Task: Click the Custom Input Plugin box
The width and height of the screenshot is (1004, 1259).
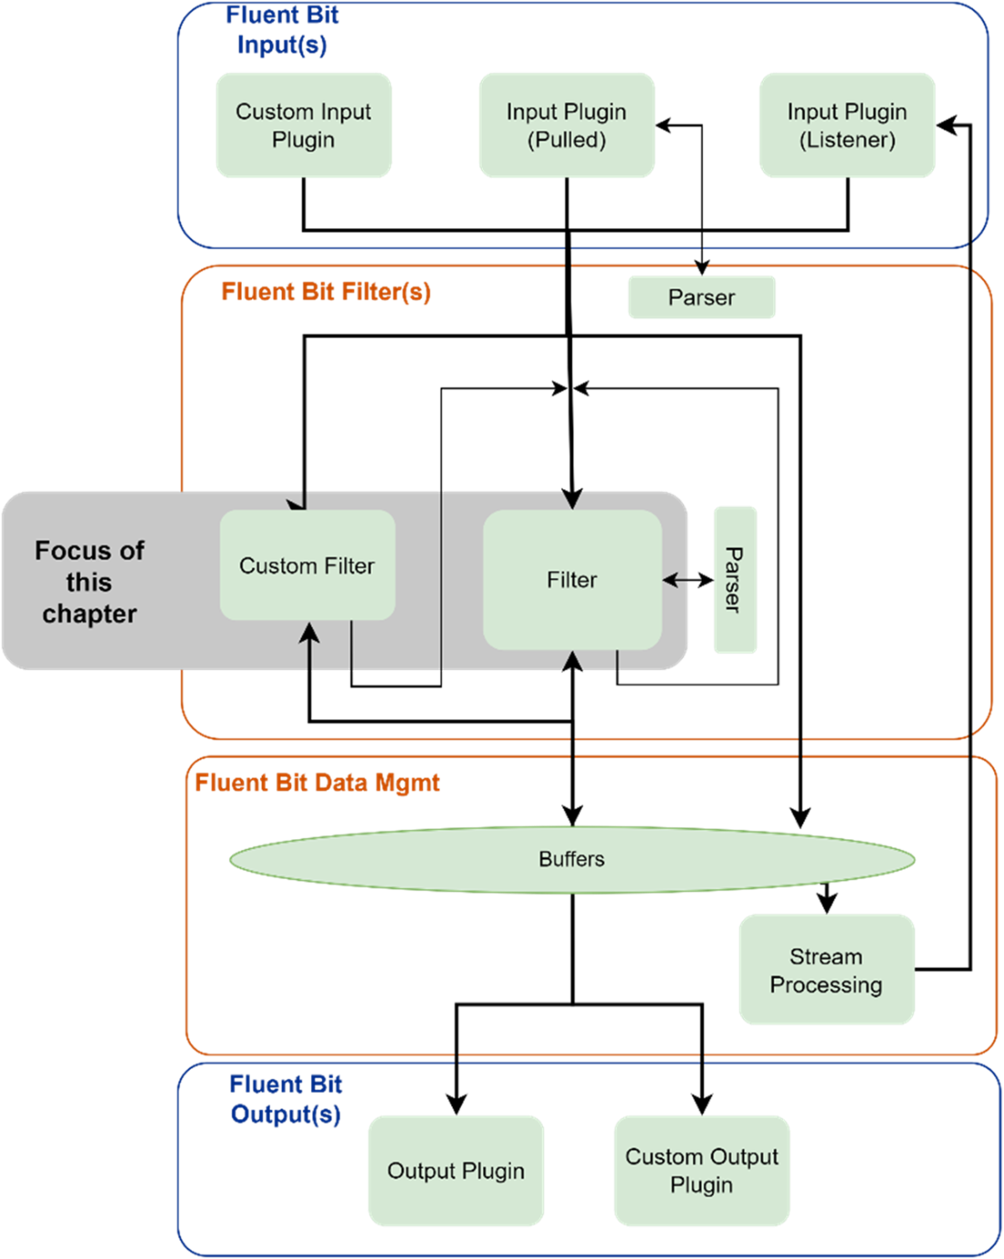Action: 304,125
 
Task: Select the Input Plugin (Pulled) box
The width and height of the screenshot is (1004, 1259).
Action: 567,125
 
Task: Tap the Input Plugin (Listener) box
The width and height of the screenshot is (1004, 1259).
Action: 847,125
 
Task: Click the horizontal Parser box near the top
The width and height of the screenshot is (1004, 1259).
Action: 701,298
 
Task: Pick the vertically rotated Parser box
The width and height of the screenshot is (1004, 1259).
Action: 735,580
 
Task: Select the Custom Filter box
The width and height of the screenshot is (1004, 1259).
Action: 308,566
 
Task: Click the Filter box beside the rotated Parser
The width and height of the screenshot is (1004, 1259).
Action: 572,580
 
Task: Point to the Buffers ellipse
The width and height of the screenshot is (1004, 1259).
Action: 572,859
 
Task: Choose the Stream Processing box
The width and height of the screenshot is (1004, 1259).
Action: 826,970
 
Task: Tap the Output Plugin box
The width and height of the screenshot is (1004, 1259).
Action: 455,1170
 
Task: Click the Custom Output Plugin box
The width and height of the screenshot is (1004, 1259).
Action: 702,1170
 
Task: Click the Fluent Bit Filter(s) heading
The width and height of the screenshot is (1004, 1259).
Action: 326,292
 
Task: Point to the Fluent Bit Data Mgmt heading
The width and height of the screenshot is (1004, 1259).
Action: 318,782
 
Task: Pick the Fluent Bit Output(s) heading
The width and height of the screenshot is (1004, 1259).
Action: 287,1099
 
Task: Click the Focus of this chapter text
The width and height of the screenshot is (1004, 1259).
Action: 89,582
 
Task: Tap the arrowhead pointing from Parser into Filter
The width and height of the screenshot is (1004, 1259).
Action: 671,580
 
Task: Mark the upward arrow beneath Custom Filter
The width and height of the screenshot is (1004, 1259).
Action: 310,639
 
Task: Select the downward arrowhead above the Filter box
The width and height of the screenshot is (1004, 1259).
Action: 572,499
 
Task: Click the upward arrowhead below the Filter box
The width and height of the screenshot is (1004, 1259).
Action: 572,660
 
